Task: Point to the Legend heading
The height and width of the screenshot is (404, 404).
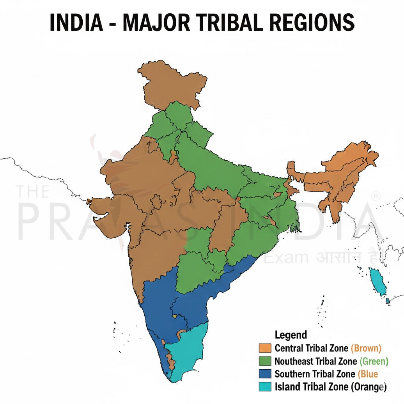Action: tap(291, 335)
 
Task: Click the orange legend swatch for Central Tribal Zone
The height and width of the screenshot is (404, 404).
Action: tap(265, 348)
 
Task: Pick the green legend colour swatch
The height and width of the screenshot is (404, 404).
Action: tap(265, 361)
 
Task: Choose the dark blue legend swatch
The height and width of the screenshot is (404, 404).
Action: tap(265, 374)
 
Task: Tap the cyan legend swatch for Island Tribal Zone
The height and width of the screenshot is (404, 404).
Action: tap(265, 387)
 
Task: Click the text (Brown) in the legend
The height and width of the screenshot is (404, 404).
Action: tap(366, 348)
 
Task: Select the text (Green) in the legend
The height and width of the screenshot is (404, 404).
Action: tap(374, 361)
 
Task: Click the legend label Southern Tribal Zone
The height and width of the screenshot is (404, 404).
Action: tap(315, 374)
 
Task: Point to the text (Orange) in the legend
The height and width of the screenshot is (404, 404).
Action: tap(369, 387)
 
